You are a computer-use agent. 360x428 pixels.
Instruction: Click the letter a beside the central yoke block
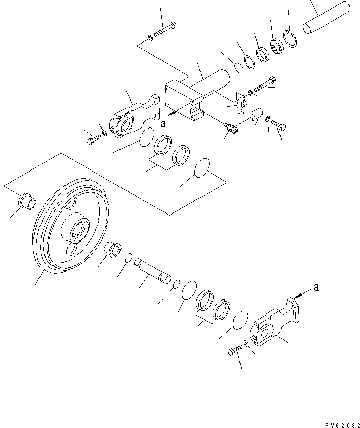[x=163, y=122]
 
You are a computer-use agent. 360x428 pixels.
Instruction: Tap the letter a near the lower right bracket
[x=316, y=287]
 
